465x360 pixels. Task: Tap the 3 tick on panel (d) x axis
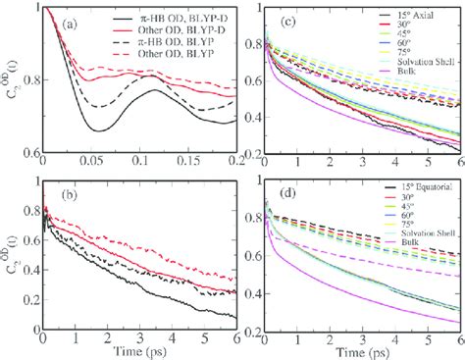361,334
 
